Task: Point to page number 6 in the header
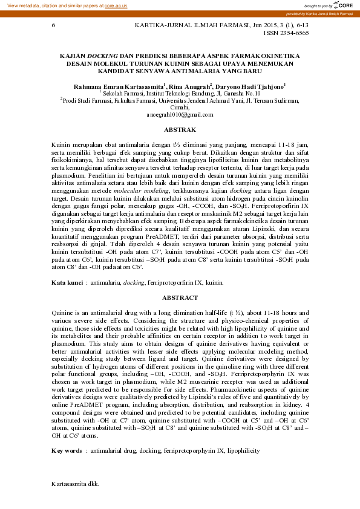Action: point(54,25)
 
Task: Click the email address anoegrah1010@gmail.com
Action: point(180,114)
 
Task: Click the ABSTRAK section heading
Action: point(180,129)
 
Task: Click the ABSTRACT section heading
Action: point(180,297)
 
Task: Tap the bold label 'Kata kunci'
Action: point(67,282)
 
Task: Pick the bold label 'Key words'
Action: point(67,450)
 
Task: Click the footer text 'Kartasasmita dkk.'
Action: point(75,484)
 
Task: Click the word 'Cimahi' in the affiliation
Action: point(180,107)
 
